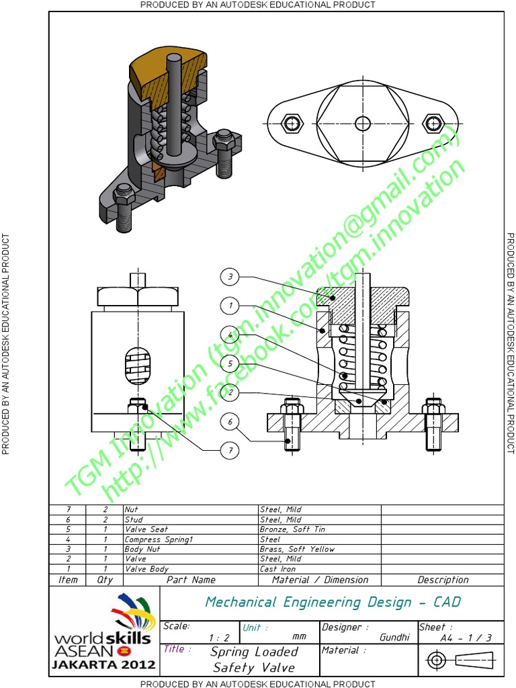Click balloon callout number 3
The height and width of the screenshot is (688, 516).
click(230, 276)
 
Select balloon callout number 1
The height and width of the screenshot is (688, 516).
click(230, 306)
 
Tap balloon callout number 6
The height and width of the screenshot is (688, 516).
click(230, 422)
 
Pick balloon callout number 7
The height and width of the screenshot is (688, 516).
click(230, 450)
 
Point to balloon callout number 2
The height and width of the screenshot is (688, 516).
click(230, 392)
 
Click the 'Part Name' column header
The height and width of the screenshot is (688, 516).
click(191, 580)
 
